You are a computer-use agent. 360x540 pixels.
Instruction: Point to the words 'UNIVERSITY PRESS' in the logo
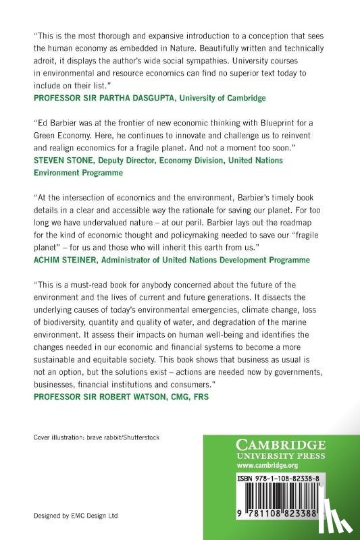[x=282, y=455]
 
